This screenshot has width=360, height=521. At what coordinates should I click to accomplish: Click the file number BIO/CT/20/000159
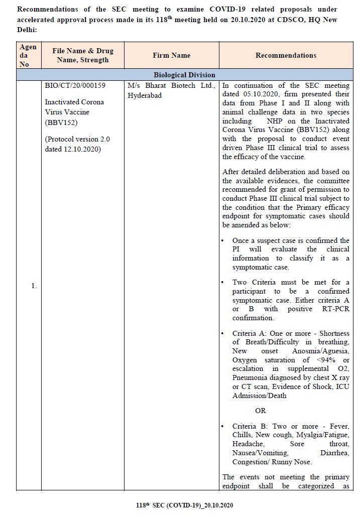tap(75, 85)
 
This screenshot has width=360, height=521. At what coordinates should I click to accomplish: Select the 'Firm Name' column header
tap(171, 56)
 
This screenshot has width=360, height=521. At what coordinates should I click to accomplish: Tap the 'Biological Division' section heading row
tap(184, 75)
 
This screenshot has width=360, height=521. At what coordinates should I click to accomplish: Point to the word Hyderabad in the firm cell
tap(145, 95)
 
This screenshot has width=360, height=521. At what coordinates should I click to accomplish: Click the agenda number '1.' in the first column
tap(34, 286)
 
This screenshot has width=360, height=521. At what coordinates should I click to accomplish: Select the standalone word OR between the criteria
tap(261, 411)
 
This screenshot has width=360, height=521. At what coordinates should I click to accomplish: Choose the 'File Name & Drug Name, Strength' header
tap(83, 56)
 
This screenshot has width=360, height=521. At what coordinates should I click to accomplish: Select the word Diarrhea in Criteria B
tap(335, 453)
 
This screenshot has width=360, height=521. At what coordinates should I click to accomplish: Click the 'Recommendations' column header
tap(286, 56)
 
